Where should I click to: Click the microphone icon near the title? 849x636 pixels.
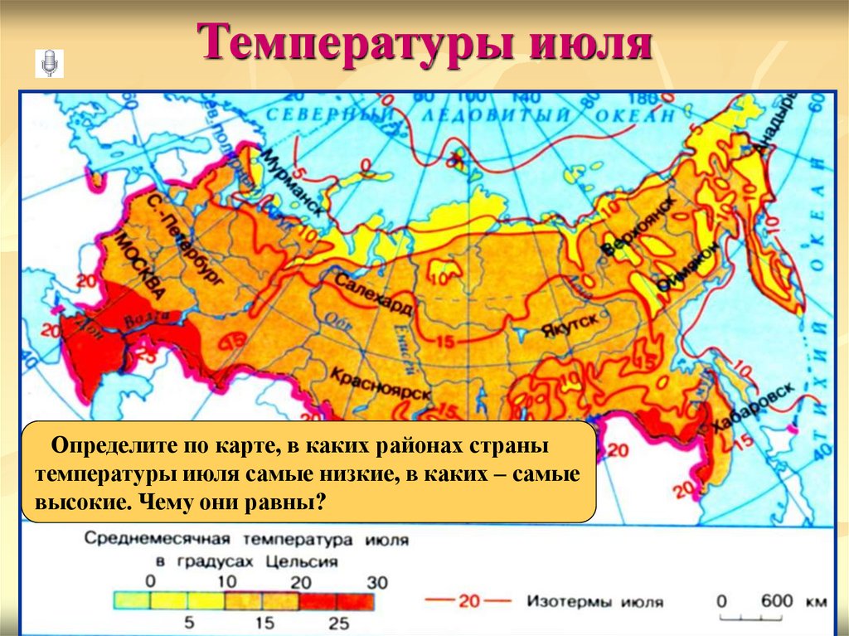(49, 63)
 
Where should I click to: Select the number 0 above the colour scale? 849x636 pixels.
(150, 582)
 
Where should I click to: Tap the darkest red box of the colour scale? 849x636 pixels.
(357, 600)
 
